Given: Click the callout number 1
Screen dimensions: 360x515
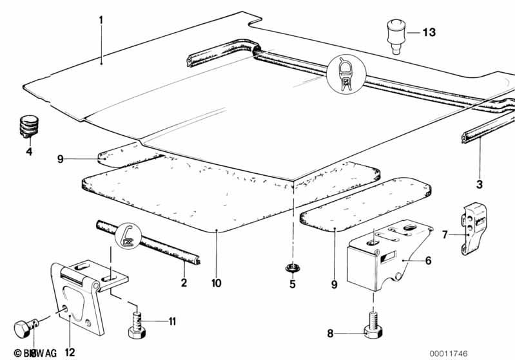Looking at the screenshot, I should tap(101, 20).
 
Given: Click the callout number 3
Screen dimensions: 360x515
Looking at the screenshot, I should tap(479, 185).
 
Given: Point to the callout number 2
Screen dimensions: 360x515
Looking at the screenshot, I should tap(183, 283).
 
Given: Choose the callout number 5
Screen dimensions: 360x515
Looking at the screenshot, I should tap(292, 283).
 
